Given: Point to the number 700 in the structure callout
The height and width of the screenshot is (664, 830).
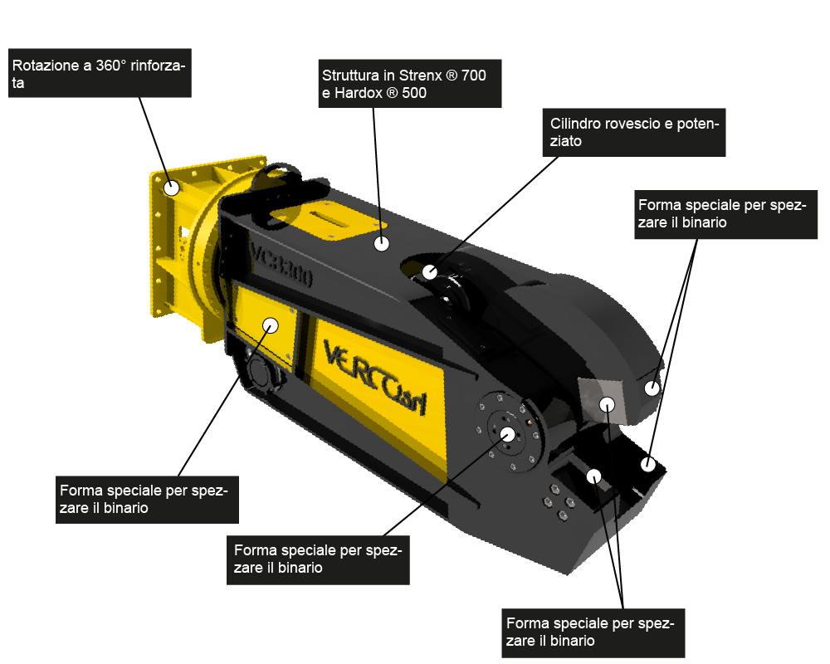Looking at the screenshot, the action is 474,76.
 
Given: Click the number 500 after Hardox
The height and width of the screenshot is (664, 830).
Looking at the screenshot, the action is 414,93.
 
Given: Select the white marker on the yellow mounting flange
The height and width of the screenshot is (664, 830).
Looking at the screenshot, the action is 172,188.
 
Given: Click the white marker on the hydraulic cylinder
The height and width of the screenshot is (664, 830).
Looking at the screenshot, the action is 430,272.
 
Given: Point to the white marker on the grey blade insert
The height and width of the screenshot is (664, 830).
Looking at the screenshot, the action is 608,404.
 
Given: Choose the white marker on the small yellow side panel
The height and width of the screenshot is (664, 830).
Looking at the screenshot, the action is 271,325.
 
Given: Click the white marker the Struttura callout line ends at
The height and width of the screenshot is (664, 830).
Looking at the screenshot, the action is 382,243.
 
